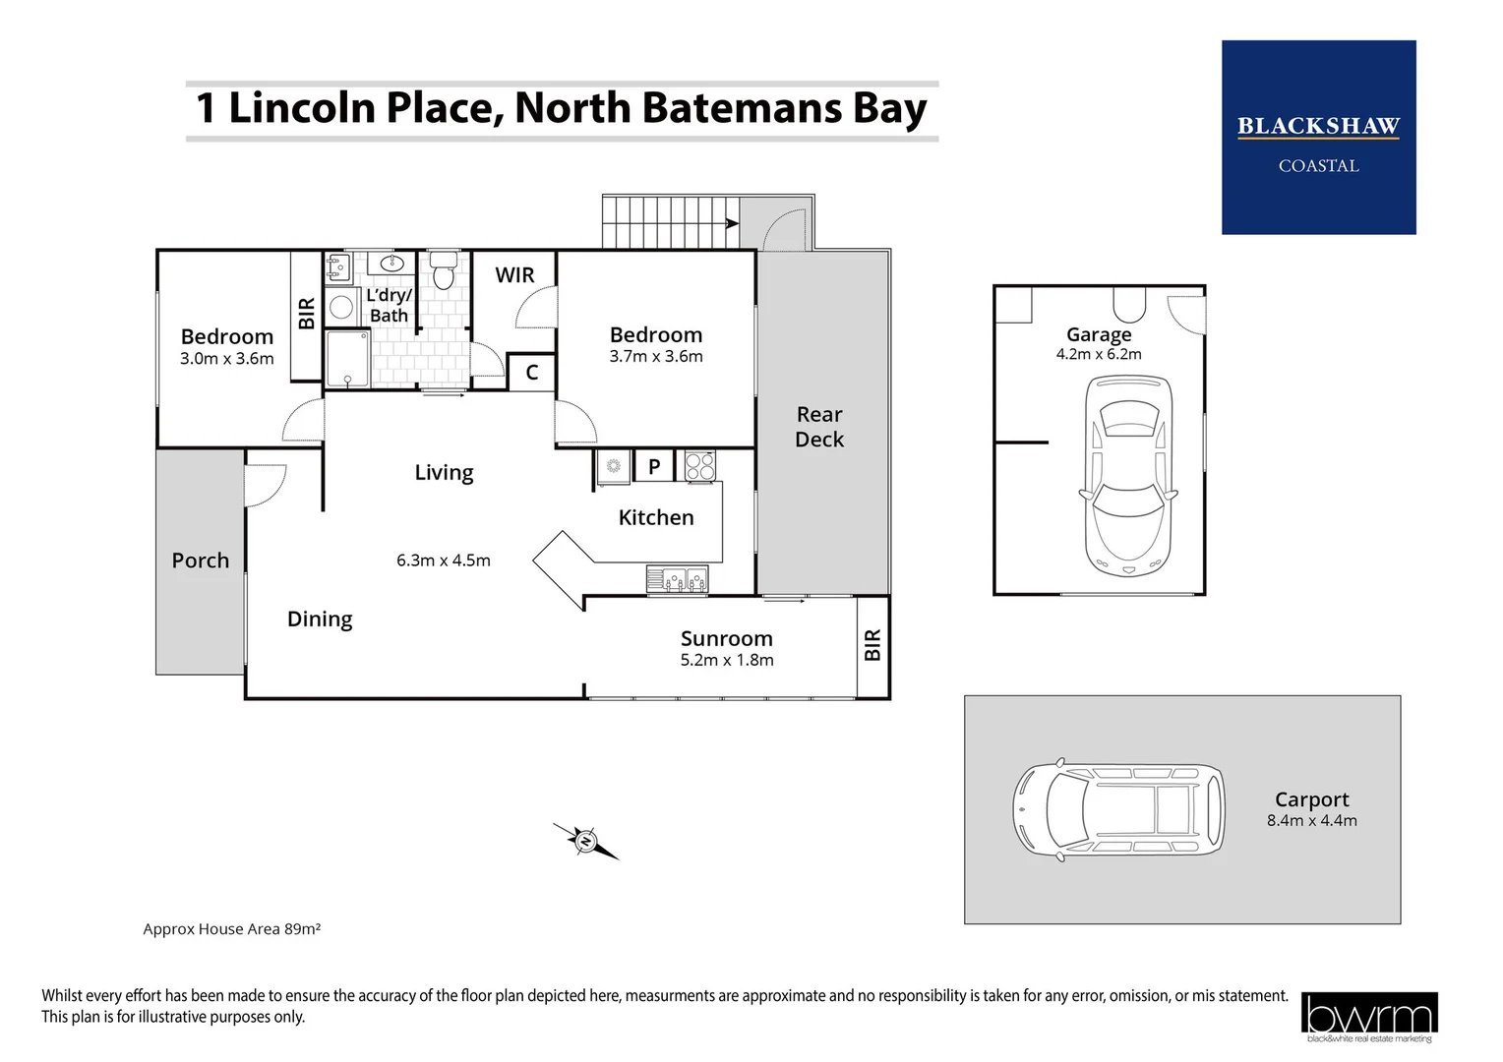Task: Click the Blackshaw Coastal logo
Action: [1318, 138]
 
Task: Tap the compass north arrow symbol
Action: [586, 841]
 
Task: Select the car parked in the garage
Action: [1127, 476]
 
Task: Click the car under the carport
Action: [1118, 810]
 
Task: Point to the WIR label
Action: [514, 275]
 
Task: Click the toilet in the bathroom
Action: [444, 271]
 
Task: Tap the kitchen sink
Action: [677, 580]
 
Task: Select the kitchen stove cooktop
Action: [700, 465]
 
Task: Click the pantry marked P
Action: [654, 467]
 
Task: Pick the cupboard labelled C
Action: [532, 373]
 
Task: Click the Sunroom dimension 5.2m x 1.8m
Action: [727, 661]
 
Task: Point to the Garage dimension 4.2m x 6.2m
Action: [1099, 355]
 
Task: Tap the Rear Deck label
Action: [819, 427]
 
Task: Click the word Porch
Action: [201, 560]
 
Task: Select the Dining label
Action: [320, 619]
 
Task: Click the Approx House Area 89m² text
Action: [232, 929]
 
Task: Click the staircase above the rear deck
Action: [669, 222]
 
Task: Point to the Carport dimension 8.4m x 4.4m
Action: [1311, 821]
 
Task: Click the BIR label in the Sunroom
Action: [872, 645]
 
